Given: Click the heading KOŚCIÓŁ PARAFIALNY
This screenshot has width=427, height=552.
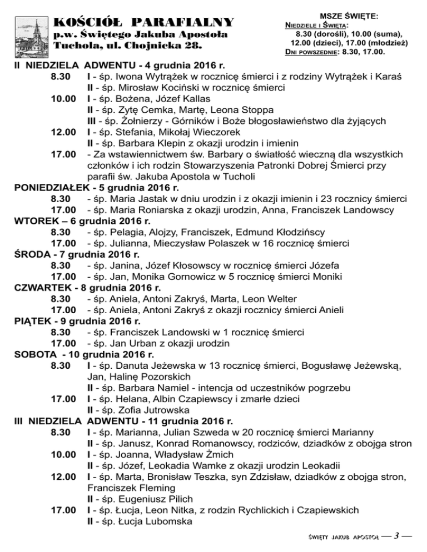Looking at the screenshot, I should [x=143, y=23].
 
